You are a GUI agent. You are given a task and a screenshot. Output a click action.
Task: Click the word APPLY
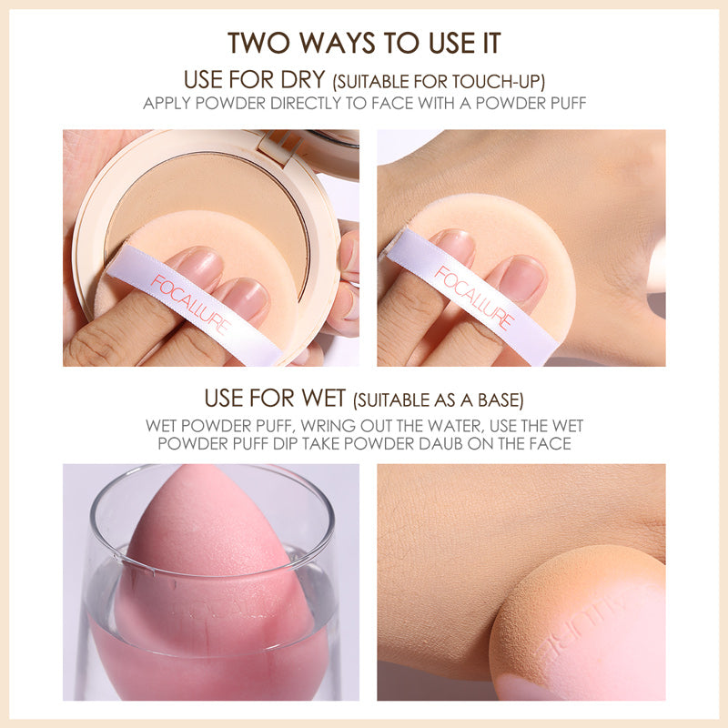(x=166, y=103)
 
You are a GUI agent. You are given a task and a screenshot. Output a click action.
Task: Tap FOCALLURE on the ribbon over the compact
(x=192, y=299)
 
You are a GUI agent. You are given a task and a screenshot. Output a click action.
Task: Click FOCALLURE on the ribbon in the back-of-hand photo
(x=474, y=298)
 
